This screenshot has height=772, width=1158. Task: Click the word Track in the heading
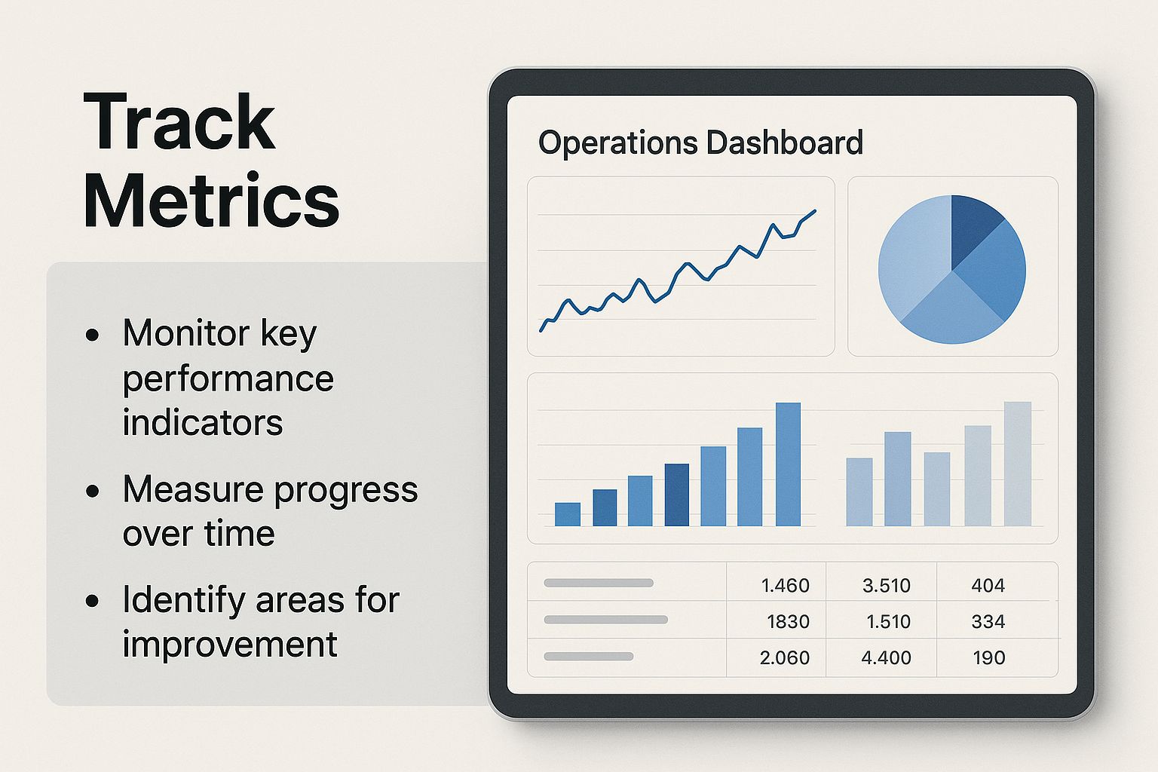(179, 122)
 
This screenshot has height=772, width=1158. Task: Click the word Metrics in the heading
(211, 200)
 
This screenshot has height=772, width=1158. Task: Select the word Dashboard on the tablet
(785, 142)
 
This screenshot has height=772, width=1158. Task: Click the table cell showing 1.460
(786, 585)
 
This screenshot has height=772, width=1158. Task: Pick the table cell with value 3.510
(886, 585)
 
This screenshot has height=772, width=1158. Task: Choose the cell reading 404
(988, 585)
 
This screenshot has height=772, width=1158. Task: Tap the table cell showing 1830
(788, 621)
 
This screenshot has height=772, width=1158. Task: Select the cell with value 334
(988, 621)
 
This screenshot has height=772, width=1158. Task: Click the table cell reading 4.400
(886, 657)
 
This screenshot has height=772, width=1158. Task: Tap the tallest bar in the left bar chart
(788, 464)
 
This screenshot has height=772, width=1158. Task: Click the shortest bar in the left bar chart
(567, 514)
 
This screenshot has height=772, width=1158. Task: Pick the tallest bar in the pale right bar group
(1017, 464)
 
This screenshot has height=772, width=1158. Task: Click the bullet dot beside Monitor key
(92, 335)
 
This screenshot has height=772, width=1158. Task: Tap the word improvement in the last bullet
(229, 645)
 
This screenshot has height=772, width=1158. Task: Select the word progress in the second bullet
(346, 491)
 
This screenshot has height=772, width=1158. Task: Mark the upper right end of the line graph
(815, 210)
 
